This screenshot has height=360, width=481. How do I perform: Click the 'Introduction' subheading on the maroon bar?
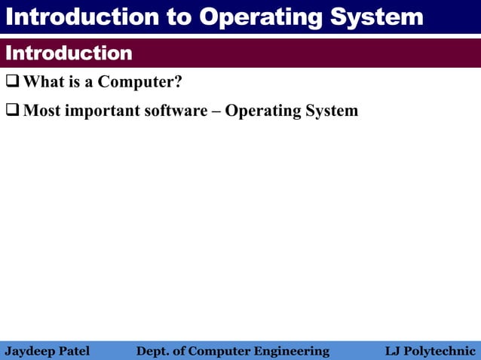coord(69,53)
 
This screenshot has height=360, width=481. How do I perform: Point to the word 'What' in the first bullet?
coord(43,81)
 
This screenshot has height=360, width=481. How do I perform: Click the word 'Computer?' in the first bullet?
coord(140,81)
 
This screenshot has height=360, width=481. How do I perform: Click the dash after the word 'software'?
coord(216,111)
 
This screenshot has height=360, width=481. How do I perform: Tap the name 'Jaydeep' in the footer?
coord(29,351)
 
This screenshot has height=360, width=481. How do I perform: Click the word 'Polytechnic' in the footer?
coord(440,351)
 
